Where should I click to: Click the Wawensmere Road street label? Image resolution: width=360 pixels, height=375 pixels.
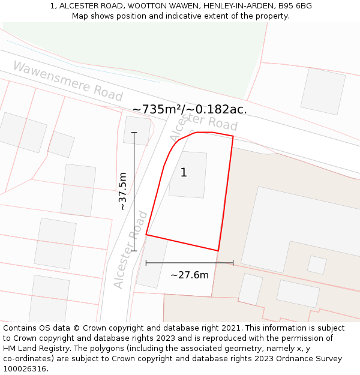pyautogui.click(x=67, y=81)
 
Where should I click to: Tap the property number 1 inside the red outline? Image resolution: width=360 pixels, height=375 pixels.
pyautogui.click(x=184, y=173)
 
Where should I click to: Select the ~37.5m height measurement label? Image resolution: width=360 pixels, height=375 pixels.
pyautogui.click(x=122, y=191)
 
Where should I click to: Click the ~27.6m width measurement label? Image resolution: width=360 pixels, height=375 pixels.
pyautogui.click(x=190, y=275)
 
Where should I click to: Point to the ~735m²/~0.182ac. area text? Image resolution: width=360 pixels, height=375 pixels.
pyautogui.click(x=190, y=109)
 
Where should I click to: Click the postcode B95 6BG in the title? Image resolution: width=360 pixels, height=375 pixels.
pyautogui.click(x=295, y=6)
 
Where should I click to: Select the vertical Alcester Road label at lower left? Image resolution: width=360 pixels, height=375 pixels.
pyautogui.click(x=131, y=249)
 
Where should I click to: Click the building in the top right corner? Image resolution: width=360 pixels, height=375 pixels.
pyautogui.click(x=323, y=91)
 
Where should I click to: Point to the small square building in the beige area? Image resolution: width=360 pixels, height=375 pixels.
pyautogui.click(x=317, y=265)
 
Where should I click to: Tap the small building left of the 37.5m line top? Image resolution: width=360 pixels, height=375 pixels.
pyautogui.click(x=137, y=130)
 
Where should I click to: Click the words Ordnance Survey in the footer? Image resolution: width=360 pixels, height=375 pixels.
pyautogui.click(x=311, y=359)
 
